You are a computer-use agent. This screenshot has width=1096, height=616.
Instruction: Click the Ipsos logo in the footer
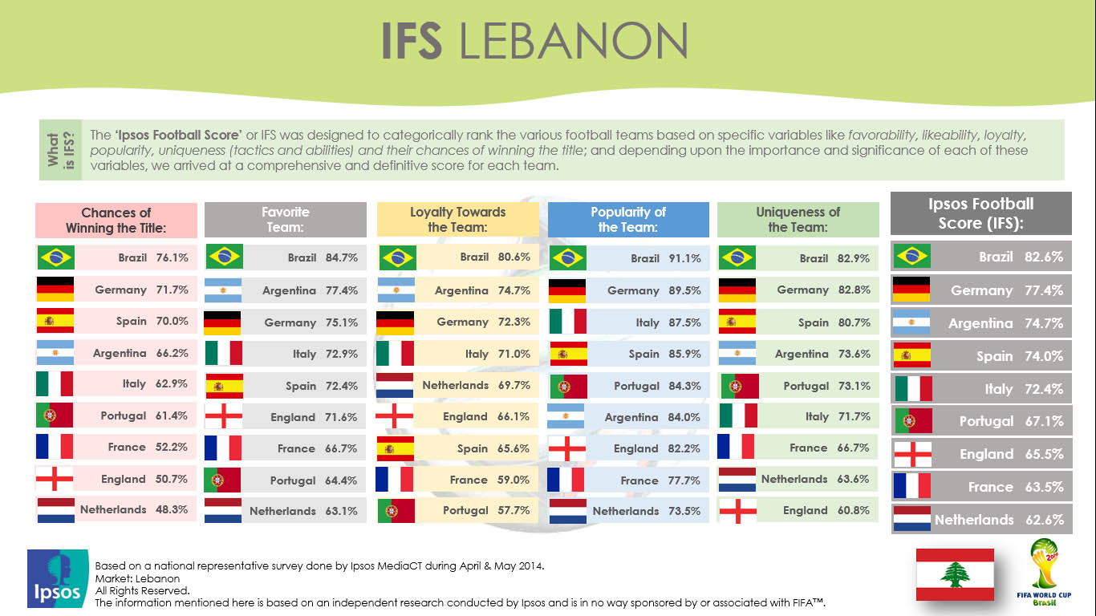[59, 578]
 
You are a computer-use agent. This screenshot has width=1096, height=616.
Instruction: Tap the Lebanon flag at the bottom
[955, 574]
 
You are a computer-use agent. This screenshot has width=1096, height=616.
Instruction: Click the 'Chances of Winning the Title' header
[116, 221]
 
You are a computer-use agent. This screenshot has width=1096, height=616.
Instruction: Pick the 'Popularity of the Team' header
[628, 220]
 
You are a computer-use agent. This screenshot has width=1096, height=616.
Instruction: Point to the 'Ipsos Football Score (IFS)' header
[981, 213]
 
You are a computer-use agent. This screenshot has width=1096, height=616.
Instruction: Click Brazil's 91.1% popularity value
[685, 258]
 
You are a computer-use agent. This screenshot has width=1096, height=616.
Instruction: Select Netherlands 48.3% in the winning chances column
[133, 509]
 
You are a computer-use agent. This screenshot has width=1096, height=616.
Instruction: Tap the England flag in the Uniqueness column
[737, 511]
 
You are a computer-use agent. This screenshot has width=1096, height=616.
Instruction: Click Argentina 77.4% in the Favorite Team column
[310, 290]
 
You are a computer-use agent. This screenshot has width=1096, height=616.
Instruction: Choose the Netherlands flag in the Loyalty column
[395, 386]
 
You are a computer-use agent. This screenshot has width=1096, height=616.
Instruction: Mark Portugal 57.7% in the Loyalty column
[486, 511]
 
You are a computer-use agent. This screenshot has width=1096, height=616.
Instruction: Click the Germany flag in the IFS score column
[911, 290]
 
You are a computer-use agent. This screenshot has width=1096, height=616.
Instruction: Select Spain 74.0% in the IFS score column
[1020, 356]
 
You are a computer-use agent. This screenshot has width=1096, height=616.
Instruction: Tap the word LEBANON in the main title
[574, 41]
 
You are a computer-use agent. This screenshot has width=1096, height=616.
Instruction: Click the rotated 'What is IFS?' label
[61, 150]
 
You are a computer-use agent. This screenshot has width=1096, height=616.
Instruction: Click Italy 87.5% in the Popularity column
[668, 323]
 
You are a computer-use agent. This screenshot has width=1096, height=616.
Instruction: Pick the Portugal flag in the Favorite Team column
[222, 480]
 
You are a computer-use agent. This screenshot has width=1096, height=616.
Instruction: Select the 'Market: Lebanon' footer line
[137, 578]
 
